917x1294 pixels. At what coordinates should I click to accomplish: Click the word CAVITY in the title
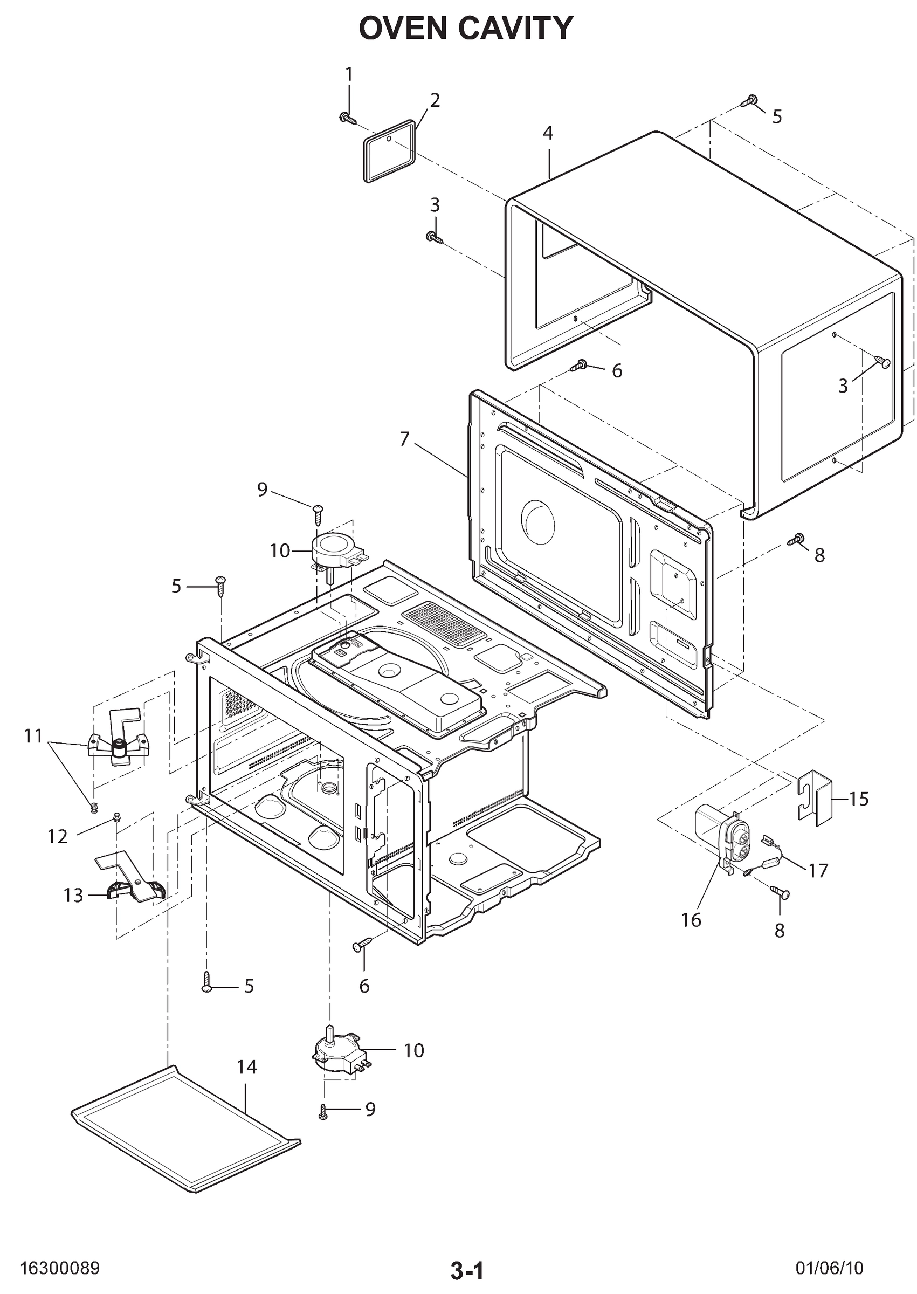515,28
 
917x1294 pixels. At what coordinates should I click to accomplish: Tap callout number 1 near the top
348,74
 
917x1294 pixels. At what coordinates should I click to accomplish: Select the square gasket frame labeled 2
390,152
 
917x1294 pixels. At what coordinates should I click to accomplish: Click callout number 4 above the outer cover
548,133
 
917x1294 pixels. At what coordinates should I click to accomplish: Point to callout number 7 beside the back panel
404,439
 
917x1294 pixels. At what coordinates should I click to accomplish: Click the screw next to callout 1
347,118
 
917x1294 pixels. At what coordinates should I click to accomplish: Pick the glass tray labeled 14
187,1136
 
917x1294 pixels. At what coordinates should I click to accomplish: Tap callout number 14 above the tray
247,1066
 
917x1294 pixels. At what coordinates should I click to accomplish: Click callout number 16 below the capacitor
691,920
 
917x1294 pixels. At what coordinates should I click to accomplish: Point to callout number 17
818,871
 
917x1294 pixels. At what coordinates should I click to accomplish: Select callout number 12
58,837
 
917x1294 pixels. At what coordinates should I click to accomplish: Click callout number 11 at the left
33,735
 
